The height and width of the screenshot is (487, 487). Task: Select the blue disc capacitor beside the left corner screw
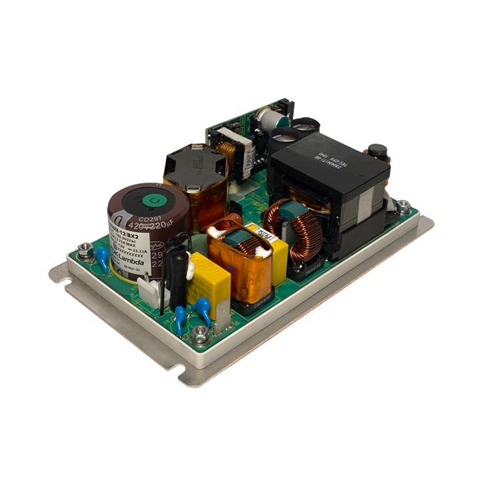pyautogui.click(x=101, y=256)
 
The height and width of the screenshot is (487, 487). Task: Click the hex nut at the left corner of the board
pyautogui.click(x=85, y=250)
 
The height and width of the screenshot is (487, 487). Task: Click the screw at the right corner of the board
pyautogui.click(x=403, y=205)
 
